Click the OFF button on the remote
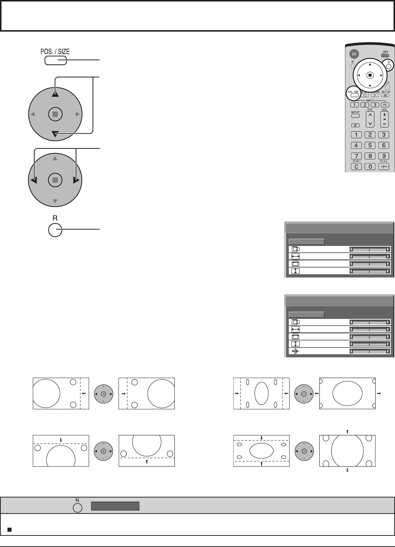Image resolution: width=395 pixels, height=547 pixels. [384, 55]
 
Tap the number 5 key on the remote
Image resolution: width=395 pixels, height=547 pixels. [370, 145]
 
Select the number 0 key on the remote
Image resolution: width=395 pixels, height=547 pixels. [370, 167]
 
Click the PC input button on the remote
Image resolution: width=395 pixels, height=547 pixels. [384, 105]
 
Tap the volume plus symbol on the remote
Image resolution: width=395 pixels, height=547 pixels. [384, 115]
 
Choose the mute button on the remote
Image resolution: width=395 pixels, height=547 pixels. [356, 125]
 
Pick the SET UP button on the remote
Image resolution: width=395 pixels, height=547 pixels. [385, 95]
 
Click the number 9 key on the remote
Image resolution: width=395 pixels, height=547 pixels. [384, 156]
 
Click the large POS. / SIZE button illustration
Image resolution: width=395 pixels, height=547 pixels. [55, 60]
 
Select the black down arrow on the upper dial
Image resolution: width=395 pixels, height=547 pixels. [55, 134]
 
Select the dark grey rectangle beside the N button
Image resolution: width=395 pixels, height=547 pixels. [116, 506]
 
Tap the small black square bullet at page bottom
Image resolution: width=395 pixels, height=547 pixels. [9, 530]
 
